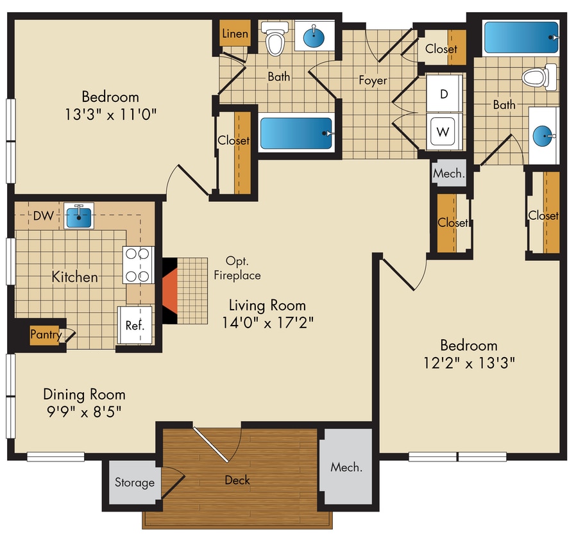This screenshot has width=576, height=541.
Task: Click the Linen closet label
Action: coord(235,33)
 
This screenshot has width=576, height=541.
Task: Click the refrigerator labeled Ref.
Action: coord(134,326)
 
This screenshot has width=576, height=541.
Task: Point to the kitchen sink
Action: coord(80,217)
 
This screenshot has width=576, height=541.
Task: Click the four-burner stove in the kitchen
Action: coord(139,265)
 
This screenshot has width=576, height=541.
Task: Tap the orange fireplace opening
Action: coord(168,290)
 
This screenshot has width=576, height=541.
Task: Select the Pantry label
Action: coord(46,334)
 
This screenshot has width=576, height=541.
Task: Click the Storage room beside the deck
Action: coord(135,483)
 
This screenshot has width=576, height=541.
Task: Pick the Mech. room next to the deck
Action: coord(346,467)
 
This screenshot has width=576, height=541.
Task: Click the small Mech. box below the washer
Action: coord(448,173)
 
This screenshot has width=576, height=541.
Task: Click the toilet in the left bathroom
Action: coord(275,40)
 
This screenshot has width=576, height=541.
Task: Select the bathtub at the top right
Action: coord(521,38)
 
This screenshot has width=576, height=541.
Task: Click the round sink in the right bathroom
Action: coord(543,136)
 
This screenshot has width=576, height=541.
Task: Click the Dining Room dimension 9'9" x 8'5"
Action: coord(83,411)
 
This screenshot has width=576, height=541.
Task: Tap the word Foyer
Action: coord(373,80)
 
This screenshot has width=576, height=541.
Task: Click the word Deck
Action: coord(237,479)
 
